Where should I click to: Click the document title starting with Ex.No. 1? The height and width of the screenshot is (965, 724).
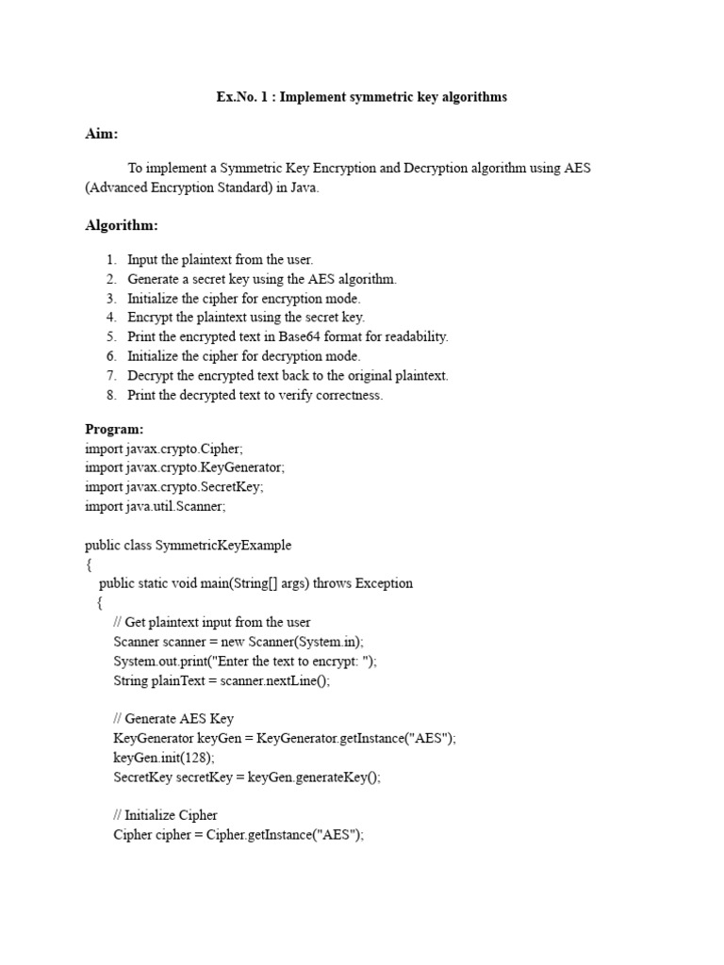[361, 97]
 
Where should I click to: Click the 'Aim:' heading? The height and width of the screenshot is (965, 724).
[102, 134]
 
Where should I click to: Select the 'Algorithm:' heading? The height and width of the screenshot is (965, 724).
[122, 225]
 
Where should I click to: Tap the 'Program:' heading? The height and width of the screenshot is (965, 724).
[115, 429]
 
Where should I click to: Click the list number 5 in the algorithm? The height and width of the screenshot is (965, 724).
[110, 336]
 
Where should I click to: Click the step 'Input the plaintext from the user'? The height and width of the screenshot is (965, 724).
[220, 259]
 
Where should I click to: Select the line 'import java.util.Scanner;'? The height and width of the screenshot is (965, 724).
[156, 506]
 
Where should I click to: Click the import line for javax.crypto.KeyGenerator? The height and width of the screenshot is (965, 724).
[184, 467]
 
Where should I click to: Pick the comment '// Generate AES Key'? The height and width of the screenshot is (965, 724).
[173, 719]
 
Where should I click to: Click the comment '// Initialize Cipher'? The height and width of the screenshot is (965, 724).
[165, 815]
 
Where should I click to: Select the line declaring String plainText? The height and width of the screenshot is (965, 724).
[222, 680]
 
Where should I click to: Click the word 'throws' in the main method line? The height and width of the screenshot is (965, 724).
[332, 583]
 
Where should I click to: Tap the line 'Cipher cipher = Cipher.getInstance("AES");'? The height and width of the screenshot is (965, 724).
[239, 835]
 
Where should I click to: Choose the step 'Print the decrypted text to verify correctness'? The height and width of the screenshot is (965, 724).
[255, 395]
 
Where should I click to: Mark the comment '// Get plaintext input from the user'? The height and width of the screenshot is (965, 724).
[211, 622]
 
